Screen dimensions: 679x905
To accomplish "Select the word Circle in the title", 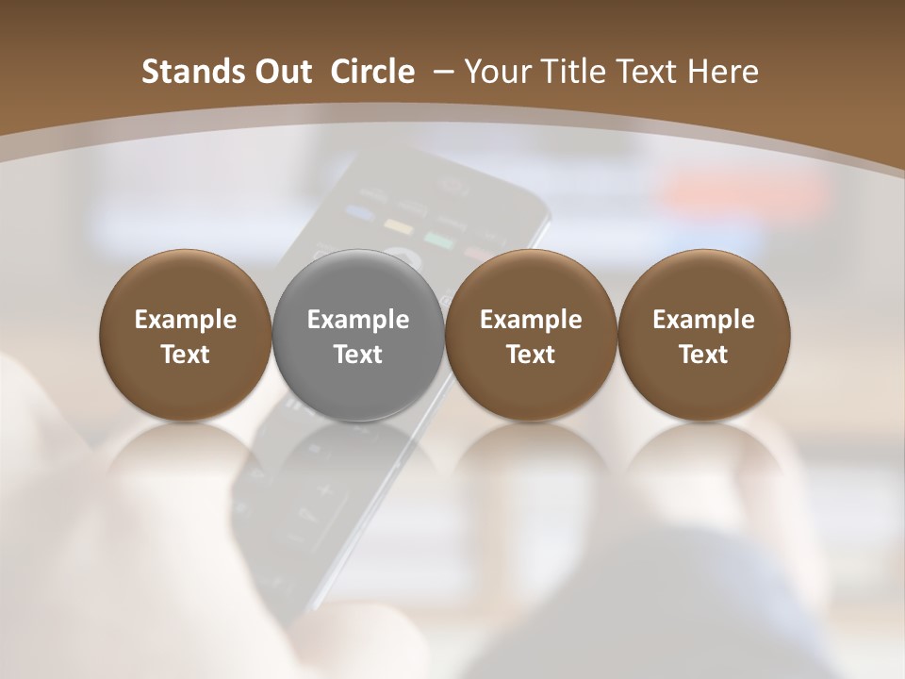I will (x=372, y=73).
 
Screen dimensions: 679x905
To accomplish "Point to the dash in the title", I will (x=440, y=73).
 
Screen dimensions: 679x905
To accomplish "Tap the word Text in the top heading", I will (x=643, y=73).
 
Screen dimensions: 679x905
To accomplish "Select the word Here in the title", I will (x=722, y=73).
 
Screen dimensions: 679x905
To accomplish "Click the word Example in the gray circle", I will (x=358, y=321).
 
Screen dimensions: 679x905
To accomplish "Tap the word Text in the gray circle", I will (x=358, y=355).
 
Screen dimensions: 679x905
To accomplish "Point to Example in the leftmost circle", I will (x=186, y=321).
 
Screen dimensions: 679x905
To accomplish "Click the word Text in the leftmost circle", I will (x=186, y=355).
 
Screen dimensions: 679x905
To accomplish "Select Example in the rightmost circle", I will (x=703, y=321).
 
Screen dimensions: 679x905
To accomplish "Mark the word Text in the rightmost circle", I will (x=703, y=355).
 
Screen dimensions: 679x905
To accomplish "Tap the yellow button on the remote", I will (x=399, y=226).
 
